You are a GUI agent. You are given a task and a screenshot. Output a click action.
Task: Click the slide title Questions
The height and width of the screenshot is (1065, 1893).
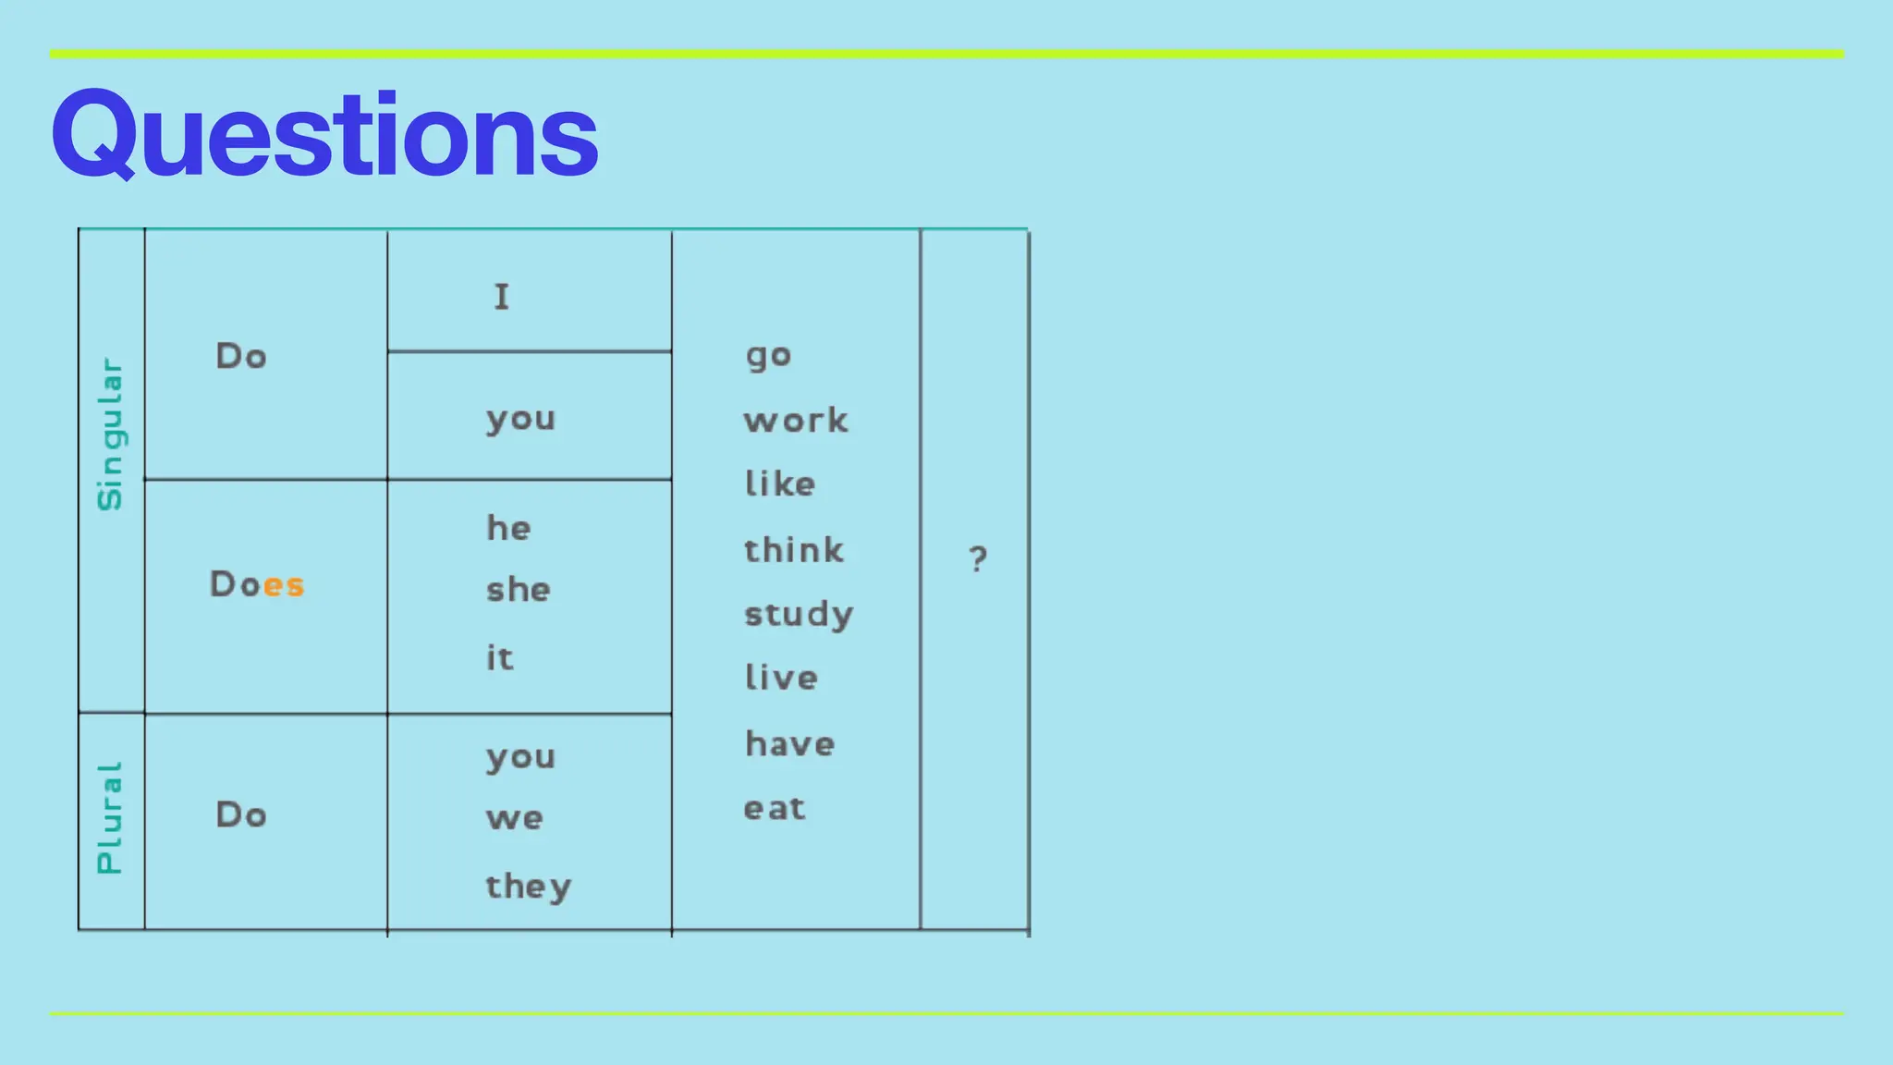[324, 135]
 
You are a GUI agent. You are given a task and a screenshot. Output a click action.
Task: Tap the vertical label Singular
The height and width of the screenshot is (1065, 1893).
[110, 434]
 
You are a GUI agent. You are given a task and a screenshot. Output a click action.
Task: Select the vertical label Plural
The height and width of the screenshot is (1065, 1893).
[110, 818]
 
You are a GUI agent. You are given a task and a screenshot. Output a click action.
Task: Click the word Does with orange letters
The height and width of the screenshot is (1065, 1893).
[257, 584]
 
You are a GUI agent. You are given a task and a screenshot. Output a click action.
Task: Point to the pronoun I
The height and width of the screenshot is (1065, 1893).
[501, 297]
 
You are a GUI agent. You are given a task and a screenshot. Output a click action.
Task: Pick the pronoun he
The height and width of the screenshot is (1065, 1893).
[508, 528]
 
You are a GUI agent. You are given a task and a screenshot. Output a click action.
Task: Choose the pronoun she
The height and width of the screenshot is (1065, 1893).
[518, 590]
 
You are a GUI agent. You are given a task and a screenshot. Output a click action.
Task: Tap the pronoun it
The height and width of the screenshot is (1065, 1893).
[499, 657]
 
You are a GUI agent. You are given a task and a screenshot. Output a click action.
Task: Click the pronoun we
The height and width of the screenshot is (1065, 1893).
[515, 818]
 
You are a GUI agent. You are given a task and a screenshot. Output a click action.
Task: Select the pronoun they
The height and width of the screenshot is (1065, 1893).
[529, 887]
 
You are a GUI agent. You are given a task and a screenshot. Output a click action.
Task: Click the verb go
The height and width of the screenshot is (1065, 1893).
[768, 356]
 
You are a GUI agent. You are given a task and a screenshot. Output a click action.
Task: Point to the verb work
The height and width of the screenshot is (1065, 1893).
[795, 421]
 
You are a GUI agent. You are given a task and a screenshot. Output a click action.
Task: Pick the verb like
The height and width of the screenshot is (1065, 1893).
[780, 484]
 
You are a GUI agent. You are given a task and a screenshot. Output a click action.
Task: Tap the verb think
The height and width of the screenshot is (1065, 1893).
[794, 550]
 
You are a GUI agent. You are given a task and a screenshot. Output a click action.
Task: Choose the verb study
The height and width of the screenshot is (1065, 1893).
[799, 615]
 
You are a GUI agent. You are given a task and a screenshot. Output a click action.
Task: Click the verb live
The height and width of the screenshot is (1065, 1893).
[781, 678]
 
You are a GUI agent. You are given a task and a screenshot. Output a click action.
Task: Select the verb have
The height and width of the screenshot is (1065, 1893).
[790, 744]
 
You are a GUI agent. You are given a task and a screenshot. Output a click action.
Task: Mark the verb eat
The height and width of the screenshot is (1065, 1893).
[775, 809]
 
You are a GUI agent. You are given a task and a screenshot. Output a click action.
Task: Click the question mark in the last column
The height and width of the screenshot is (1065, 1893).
[978, 558]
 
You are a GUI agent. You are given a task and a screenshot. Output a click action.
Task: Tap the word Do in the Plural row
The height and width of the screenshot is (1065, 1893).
[241, 814]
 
